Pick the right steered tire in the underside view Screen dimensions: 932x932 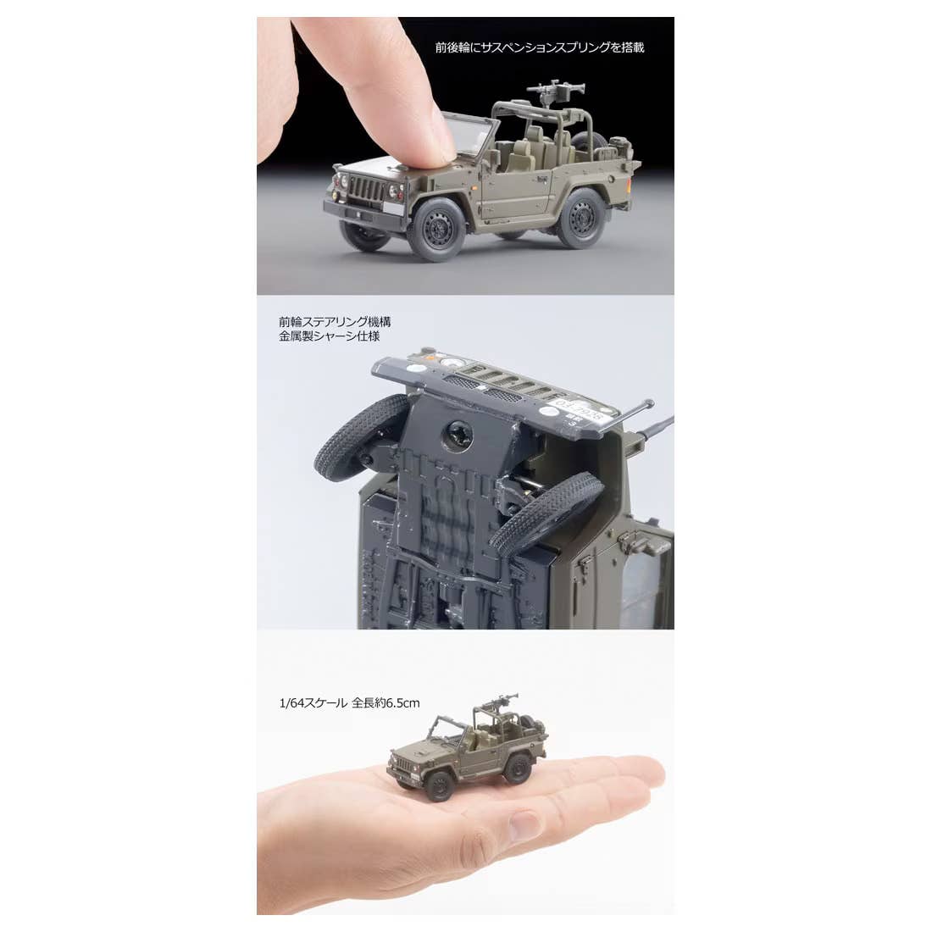(546, 513)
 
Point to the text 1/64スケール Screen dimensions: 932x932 (313, 703)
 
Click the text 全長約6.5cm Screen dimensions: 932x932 (386, 703)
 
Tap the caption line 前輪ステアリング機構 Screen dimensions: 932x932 (336, 322)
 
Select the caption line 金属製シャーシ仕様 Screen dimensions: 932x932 (330, 336)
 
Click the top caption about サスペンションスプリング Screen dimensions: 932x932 (540, 47)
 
